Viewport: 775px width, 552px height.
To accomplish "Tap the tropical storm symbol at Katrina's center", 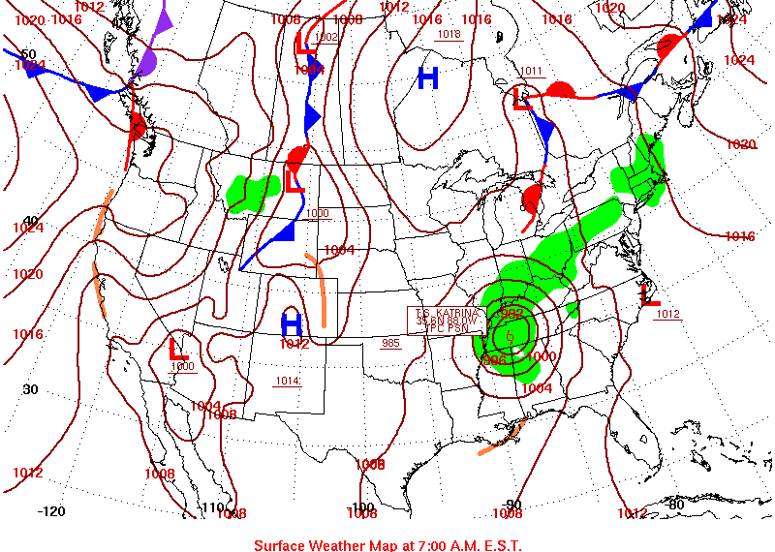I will click(510, 336).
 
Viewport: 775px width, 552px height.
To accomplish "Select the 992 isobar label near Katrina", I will click(511, 316).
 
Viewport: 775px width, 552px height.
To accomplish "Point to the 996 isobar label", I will click(494, 360).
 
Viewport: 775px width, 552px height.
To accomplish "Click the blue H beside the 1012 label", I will click(292, 323).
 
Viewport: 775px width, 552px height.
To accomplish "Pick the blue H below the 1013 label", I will click(428, 77).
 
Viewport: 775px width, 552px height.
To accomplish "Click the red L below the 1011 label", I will click(521, 97).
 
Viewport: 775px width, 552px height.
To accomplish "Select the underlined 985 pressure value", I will click(390, 343).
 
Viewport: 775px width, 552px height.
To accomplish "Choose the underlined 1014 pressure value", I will click(287, 381).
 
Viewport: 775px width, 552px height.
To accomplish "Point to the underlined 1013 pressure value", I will click(449, 34).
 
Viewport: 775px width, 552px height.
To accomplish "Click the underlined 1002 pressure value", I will click(326, 37).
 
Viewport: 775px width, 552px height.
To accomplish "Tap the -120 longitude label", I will click(50, 510).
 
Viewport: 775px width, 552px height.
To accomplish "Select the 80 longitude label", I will click(675, 504).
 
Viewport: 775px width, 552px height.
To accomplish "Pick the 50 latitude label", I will click(28, 54).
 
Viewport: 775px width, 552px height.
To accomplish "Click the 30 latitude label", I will click(30, 389).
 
